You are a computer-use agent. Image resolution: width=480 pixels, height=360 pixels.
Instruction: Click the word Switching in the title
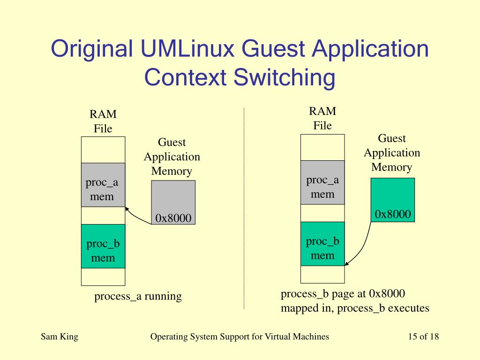coord(285,78)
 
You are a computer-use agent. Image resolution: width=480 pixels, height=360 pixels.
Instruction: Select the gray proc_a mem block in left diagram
coord(103,185)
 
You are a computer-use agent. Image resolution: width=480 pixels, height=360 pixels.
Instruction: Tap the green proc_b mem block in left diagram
coord(103,247)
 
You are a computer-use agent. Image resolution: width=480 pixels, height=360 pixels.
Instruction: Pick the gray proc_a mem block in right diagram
coord(322,183)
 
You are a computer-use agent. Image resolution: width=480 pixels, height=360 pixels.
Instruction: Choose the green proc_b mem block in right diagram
coord(322,244)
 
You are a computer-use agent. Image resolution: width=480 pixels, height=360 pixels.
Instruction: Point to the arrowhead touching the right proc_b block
coord(346,263)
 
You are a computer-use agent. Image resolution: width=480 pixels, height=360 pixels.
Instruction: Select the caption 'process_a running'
coord(138,296)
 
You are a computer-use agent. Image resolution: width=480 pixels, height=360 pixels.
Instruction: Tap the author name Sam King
coord(60,337)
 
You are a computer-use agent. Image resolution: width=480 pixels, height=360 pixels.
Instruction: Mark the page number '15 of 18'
coord(423,337)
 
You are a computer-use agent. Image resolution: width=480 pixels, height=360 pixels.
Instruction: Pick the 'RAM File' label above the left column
coord(103,121)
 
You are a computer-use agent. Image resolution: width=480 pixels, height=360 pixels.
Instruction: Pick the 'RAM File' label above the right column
coord(322,118)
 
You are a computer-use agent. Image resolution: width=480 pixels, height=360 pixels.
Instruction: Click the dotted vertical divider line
coord(244,211)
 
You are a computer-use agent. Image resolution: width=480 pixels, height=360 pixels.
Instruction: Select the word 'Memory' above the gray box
coord(172,171)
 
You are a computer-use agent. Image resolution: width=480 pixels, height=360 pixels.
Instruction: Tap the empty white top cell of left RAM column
coord(103,150)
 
